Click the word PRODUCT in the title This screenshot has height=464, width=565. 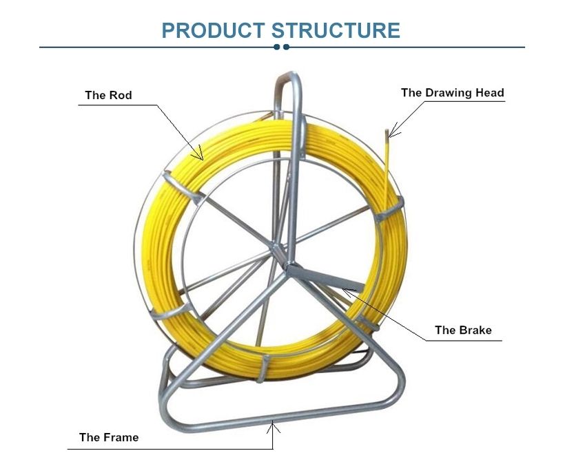tap(213, 30)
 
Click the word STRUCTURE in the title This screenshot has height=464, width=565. tap(336, 30)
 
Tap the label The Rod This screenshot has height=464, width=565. tap(108, 96)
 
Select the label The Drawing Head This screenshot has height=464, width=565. tap(453, 93)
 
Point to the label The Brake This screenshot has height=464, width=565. tap(463, 330)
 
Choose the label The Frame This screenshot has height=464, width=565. tap(109, 437)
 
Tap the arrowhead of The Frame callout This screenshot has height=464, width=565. tap(273, 425)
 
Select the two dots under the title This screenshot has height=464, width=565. tap(281, 47)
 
